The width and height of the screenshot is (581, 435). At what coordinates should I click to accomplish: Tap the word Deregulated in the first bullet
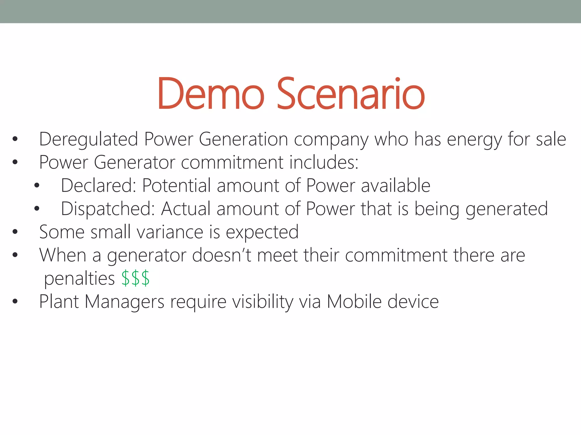point(89,139)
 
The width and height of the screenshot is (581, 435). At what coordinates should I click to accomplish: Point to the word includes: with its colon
point(324,162)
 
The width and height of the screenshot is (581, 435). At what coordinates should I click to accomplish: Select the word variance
point(170,232)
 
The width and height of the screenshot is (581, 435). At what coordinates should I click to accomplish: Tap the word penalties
point(79,279)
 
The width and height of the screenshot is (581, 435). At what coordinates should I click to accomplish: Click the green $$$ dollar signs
point(135,278)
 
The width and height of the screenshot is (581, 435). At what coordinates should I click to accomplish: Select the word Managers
point(125,302)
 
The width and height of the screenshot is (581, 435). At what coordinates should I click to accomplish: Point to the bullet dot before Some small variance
point(15,232)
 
